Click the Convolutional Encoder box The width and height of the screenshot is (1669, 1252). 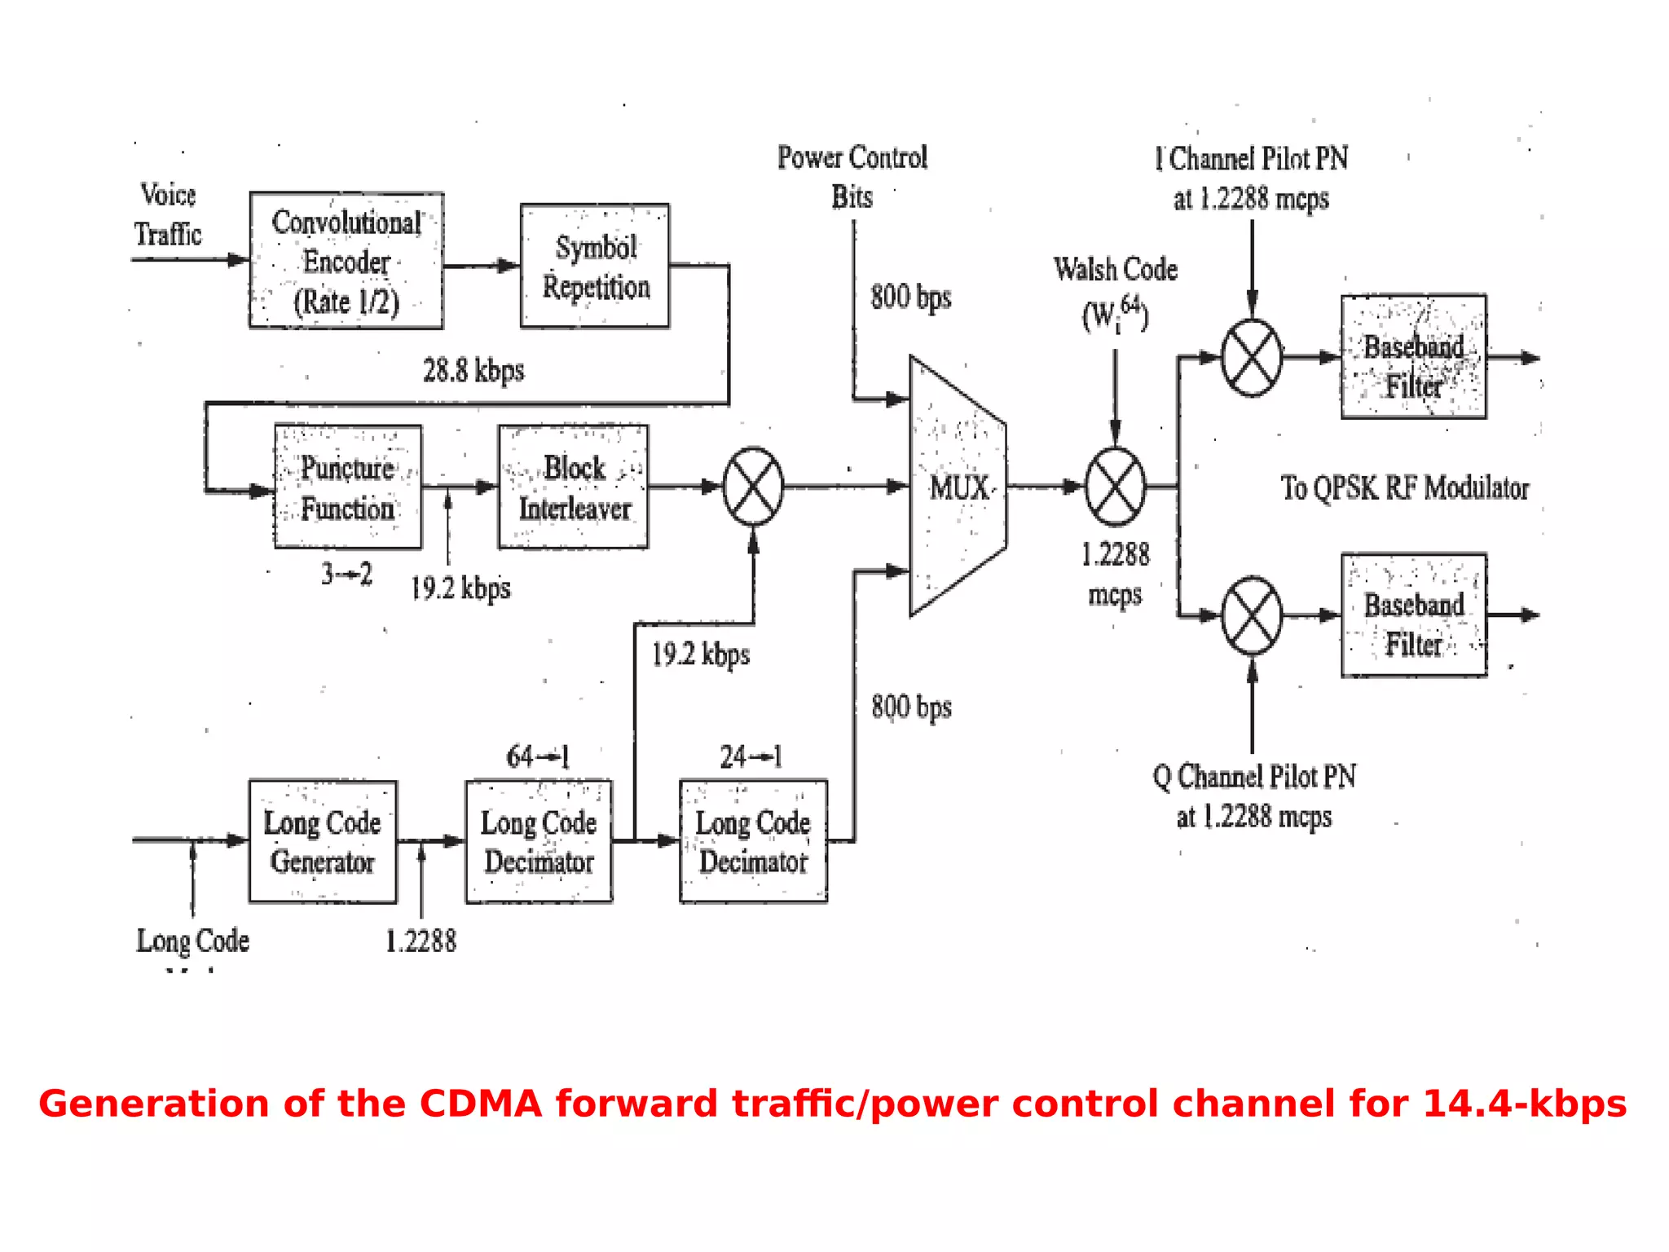click(x=346, y=261)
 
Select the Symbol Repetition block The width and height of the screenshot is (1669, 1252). click(x=595, y=266)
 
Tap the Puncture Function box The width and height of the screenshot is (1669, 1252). click(x=348, y=487)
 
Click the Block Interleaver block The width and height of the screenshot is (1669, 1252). click(x=574, y=487)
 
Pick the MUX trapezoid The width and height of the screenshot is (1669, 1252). click(x=958, y=487)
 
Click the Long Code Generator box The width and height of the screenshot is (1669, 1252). click(x=323, y=841)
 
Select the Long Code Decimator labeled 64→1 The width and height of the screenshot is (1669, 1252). click(x=539, y=841)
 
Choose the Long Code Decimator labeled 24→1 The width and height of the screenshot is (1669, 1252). click(x=753, y=841)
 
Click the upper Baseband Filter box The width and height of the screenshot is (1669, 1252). click(x=1413, y=357)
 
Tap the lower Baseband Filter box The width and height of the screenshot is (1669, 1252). click(x=1413, y=615)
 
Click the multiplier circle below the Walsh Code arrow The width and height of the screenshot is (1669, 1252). click(x=1115, y=487)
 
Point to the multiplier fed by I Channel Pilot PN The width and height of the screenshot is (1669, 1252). click(x=1252, y=357)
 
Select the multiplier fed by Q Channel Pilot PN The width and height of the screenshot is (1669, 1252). click(x=1252, y=615)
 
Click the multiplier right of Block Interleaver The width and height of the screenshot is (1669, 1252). click(x=753, y=487)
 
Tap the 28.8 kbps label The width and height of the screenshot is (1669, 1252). click(x=473, y=371)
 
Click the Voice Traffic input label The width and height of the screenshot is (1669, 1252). click(x=168, y=214)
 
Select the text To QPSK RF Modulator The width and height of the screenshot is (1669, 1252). click(x=1404, y=487)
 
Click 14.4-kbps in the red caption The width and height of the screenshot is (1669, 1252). click(x=1524, y=1104)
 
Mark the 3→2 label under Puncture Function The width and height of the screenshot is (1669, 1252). click(x=346, y=574)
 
